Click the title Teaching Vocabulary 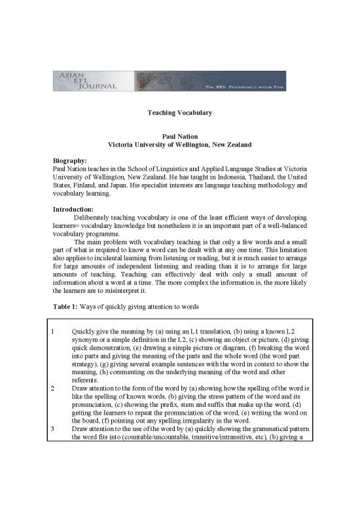(x=179, y=113)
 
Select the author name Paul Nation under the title (x=179, y=133)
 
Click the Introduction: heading (x=76, y=210)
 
